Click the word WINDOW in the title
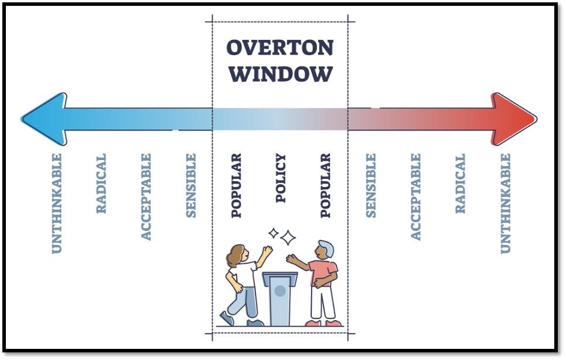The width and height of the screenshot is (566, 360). (280, 74)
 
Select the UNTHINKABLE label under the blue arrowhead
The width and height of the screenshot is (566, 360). (56, 203)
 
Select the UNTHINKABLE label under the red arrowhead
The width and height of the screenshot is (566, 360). (505, 203)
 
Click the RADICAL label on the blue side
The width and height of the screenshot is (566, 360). (101, 184)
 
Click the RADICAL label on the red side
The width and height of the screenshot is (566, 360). (460, 184)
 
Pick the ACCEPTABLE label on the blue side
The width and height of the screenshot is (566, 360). (146, 196)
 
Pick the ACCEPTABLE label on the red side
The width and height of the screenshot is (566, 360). (415, 196)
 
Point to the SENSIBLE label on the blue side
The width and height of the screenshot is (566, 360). (191, 185)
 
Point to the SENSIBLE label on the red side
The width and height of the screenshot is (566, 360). (370, 185)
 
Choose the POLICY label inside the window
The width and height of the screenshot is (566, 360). (281, 178)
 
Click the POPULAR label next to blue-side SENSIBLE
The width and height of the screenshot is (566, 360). (236, 185)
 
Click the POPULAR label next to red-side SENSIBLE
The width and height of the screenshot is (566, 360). (326, 185)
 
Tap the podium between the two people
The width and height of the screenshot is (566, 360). (279, 299)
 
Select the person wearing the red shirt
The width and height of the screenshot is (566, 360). (321, 281)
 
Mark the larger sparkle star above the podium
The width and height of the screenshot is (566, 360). (288, 237)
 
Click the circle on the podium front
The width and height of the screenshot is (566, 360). (280, 291)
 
